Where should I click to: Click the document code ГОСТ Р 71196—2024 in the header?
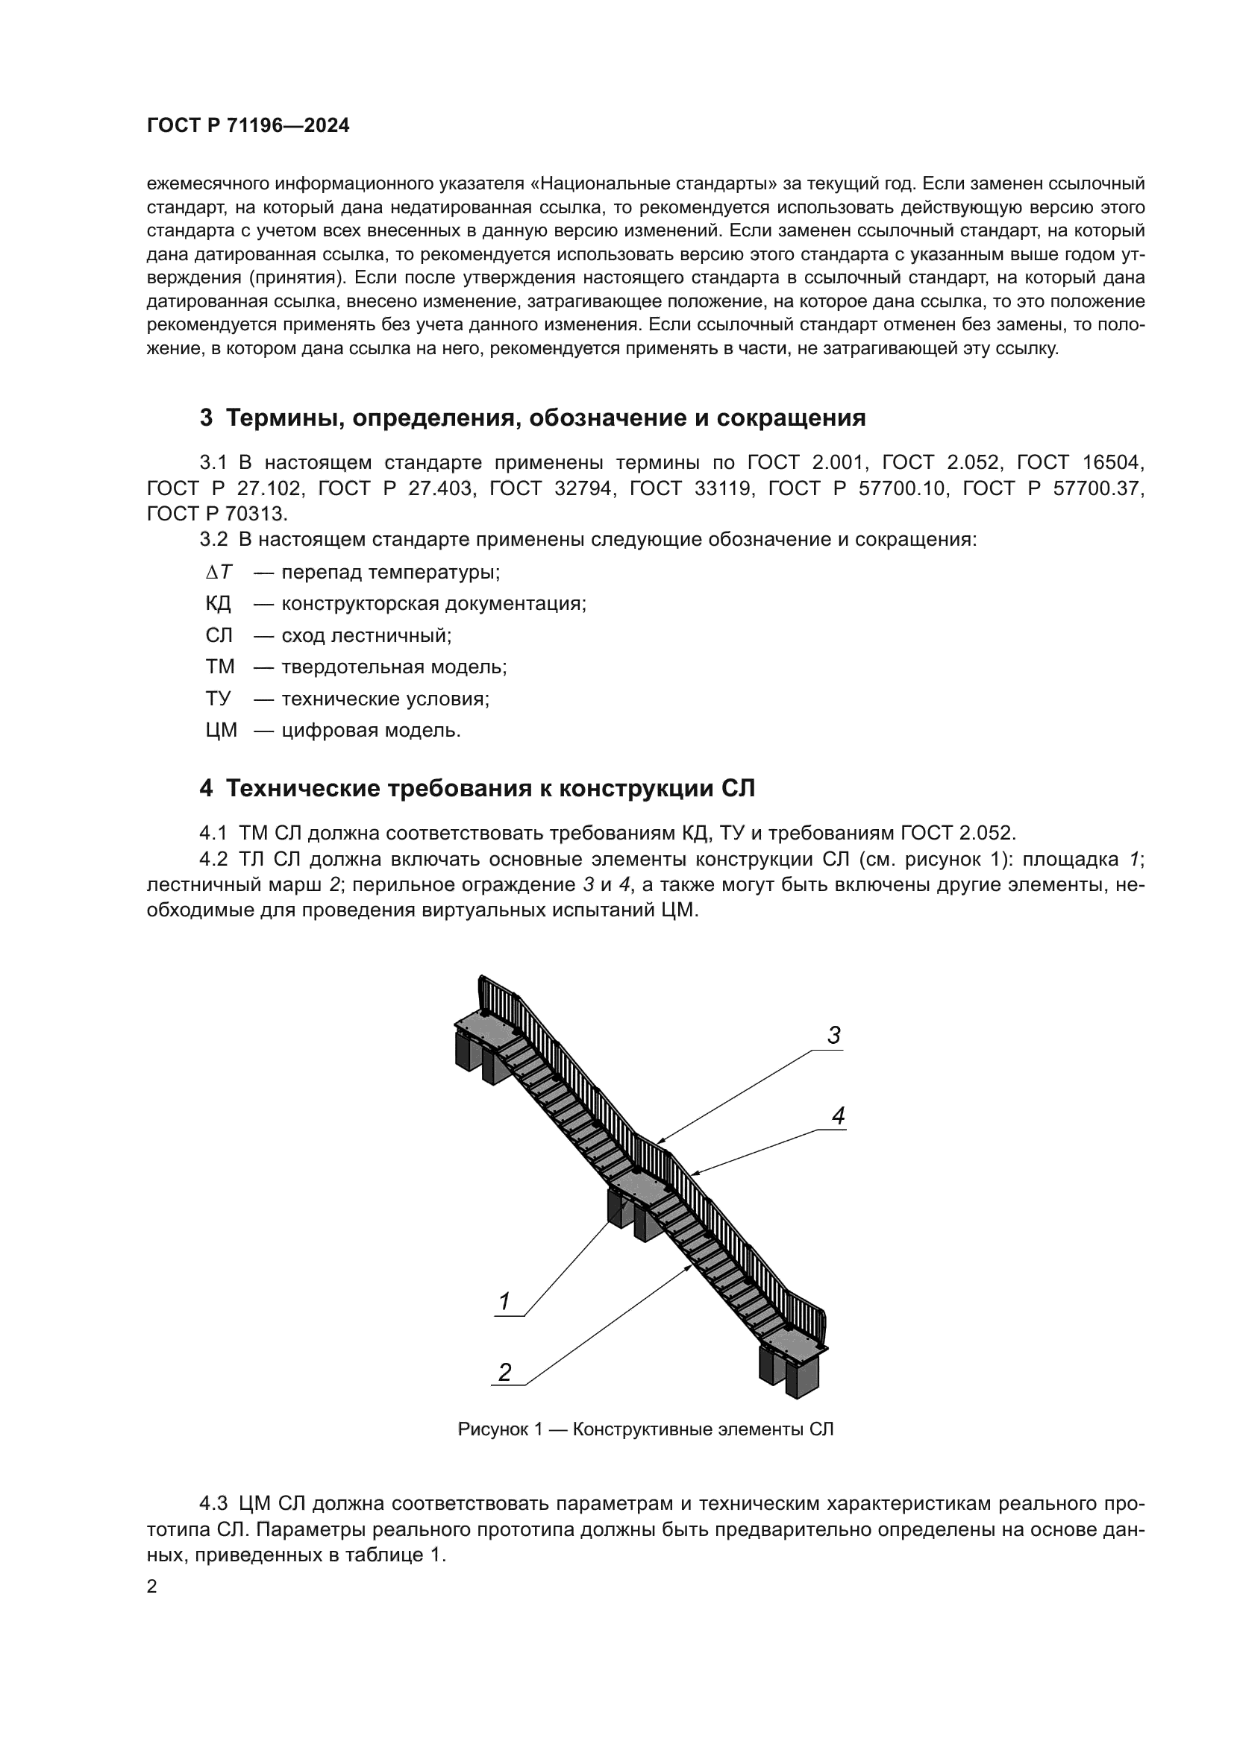click(x=248, y=126)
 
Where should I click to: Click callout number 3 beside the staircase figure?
click(x=833, y=1036)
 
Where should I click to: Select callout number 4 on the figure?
click(x=838, y=1116)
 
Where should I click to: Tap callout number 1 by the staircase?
click(x=503, y=1302)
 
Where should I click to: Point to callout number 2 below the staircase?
click(x=504, y=1372)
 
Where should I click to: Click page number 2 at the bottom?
click(x=151, y=1586)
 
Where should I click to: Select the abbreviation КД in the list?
click(x=218, y=604)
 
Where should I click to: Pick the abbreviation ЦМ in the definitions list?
click(x=221, y=731)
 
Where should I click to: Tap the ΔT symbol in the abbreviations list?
click(x=219, y=572)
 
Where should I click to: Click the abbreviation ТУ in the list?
click(x=217, y=699)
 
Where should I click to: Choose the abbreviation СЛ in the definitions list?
click(x=218, y=636)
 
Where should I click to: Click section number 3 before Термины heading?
click(x=206, y=418)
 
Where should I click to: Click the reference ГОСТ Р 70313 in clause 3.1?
click(x=217, y=514)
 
